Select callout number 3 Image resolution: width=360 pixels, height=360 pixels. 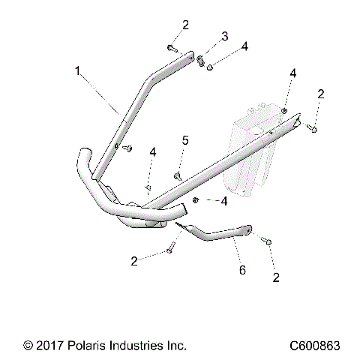[223, 37]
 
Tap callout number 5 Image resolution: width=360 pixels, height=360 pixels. [186, 141]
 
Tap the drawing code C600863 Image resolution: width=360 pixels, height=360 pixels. [315, 346]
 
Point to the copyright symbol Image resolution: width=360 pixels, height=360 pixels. [28, 346]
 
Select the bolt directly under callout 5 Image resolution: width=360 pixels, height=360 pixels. [178, 175]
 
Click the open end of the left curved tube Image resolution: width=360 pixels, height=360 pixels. [84, 157]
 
